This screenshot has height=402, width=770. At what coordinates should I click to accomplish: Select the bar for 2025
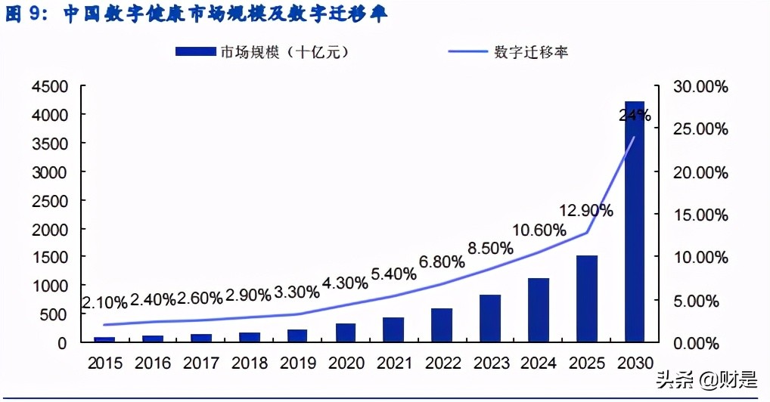(586, 298)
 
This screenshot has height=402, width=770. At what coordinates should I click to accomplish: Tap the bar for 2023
(489, 318)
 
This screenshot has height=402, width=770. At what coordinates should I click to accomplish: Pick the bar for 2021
(393, 329)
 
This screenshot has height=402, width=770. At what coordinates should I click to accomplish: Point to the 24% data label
(634, 116)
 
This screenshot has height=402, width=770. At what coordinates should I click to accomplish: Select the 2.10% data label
(104, 302)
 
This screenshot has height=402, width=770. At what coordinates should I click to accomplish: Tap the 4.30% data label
(344, 283)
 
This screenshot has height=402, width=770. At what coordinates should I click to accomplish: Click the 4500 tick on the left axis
(51, 86)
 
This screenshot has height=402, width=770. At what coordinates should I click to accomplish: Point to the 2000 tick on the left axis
(51, 229)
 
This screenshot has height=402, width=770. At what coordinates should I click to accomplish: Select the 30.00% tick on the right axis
(700, 87)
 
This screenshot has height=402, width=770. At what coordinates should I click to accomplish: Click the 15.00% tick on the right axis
(700, 215)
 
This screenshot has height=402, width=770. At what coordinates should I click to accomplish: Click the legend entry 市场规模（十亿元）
(263, 52)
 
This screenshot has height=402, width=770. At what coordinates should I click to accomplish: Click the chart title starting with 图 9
(197, 15)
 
